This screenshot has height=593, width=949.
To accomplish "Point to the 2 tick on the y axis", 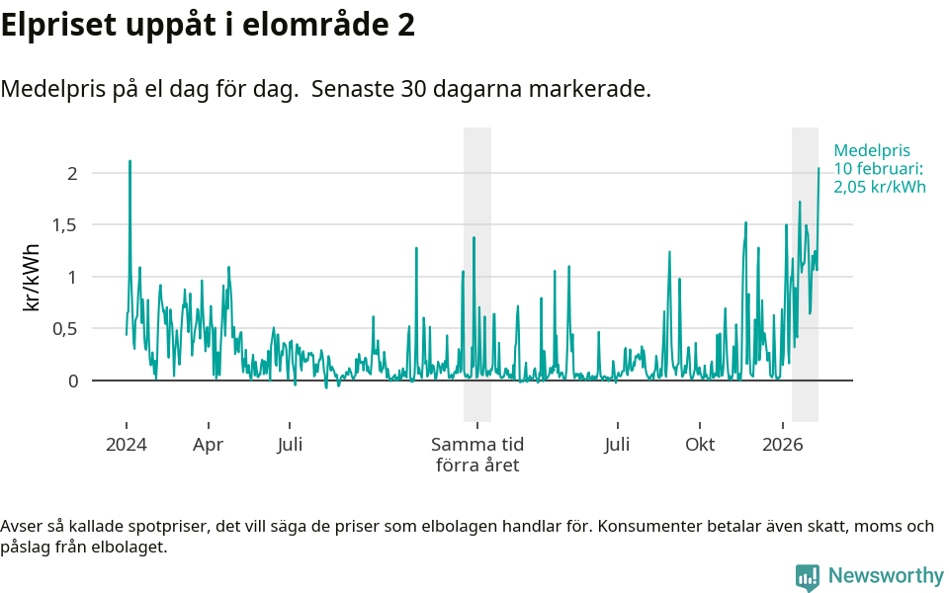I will pos(71,173).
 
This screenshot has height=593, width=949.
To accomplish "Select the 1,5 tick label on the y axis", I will pos(64,224).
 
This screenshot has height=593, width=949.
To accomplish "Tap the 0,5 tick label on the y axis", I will pos(64,328).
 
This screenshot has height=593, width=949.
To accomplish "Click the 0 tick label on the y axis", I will pos(71,381).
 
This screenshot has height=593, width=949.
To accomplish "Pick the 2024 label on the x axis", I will pos(127,445).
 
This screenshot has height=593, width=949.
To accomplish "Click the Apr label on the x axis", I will pos(208,445).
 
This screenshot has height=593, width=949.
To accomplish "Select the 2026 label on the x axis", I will pos(783,445).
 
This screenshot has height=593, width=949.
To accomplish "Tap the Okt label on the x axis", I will pos(700,445).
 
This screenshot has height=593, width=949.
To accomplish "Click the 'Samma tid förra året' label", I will pos(477,455).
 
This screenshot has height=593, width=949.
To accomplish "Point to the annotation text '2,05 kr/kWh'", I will pos(880,187).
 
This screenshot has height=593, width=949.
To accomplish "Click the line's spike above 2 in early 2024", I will pos(129,161).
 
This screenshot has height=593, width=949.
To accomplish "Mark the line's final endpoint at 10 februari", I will pos(819,168).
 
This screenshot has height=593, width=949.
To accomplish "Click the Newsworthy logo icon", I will pos(808,576).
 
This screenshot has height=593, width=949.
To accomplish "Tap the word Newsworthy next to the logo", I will pos(886,575).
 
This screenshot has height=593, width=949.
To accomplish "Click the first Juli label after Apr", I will pos(290,445).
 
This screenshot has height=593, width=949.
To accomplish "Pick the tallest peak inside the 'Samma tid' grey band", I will pos(474,238).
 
